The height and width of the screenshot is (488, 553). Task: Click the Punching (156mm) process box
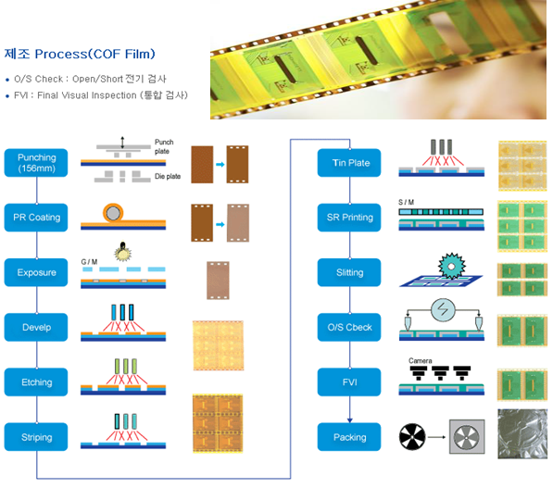coord(36,163)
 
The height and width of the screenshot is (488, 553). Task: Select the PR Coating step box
coord(36,218)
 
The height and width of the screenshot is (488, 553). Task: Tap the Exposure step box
coord(36,272)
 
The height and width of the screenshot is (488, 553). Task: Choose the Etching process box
coord(36,382)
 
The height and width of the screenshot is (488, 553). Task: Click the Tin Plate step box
coord(349,163)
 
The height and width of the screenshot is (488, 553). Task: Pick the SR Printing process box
coord(349,218)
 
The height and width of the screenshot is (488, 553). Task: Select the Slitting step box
coord(349,272)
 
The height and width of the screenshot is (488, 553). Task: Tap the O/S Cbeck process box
coord(349,327)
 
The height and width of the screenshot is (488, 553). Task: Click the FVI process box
coord(349,382)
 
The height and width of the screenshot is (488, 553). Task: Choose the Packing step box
coord(349,437)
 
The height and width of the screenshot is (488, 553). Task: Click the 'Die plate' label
coord(168,176)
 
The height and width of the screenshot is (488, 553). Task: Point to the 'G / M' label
coord(89,262)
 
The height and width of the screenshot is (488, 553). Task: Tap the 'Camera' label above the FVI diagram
coord(420,361)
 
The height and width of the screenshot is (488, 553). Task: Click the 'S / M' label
coord(406,202)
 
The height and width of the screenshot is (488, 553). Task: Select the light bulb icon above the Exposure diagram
coord(122,251)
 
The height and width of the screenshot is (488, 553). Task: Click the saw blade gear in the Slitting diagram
coord(452,266)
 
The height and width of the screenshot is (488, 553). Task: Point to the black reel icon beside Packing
coord(412,437)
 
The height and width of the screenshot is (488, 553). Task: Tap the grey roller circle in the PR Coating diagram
coord(113,213)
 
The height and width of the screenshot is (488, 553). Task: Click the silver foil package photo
coord(522,433)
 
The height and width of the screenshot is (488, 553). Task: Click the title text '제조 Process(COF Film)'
coord(80,54)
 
